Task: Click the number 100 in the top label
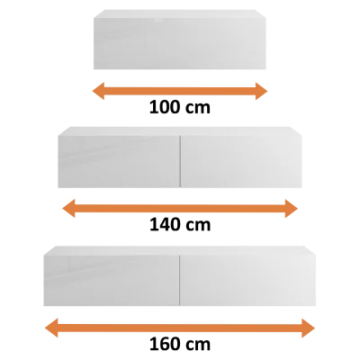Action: coord(165,107)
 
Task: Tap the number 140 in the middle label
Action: coord(165,225)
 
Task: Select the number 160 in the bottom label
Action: coord(165,345)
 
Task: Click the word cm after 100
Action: coord(198,109)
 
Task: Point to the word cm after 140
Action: coord(198,226)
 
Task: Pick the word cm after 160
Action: coord(198,346)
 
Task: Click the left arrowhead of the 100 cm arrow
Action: coord(98,91)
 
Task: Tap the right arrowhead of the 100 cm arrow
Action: coord(261,91)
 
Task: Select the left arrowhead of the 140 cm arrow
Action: coord(68,209)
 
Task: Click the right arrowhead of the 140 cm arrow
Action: coord(292,209)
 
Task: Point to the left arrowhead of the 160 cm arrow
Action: coord(51,328)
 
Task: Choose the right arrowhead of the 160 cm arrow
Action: coord(309,328)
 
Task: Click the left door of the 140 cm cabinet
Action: coord(119,162)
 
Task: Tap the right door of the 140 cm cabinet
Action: coord(241,162)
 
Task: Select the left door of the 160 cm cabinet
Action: coord(112,281)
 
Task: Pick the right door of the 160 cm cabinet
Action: coord(248,281)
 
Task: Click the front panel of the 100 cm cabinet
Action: coord(180,44)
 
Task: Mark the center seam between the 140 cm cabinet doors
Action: coord(180,162)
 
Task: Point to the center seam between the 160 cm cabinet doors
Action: coord(180,281)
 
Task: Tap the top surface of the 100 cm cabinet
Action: coord(180,14)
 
